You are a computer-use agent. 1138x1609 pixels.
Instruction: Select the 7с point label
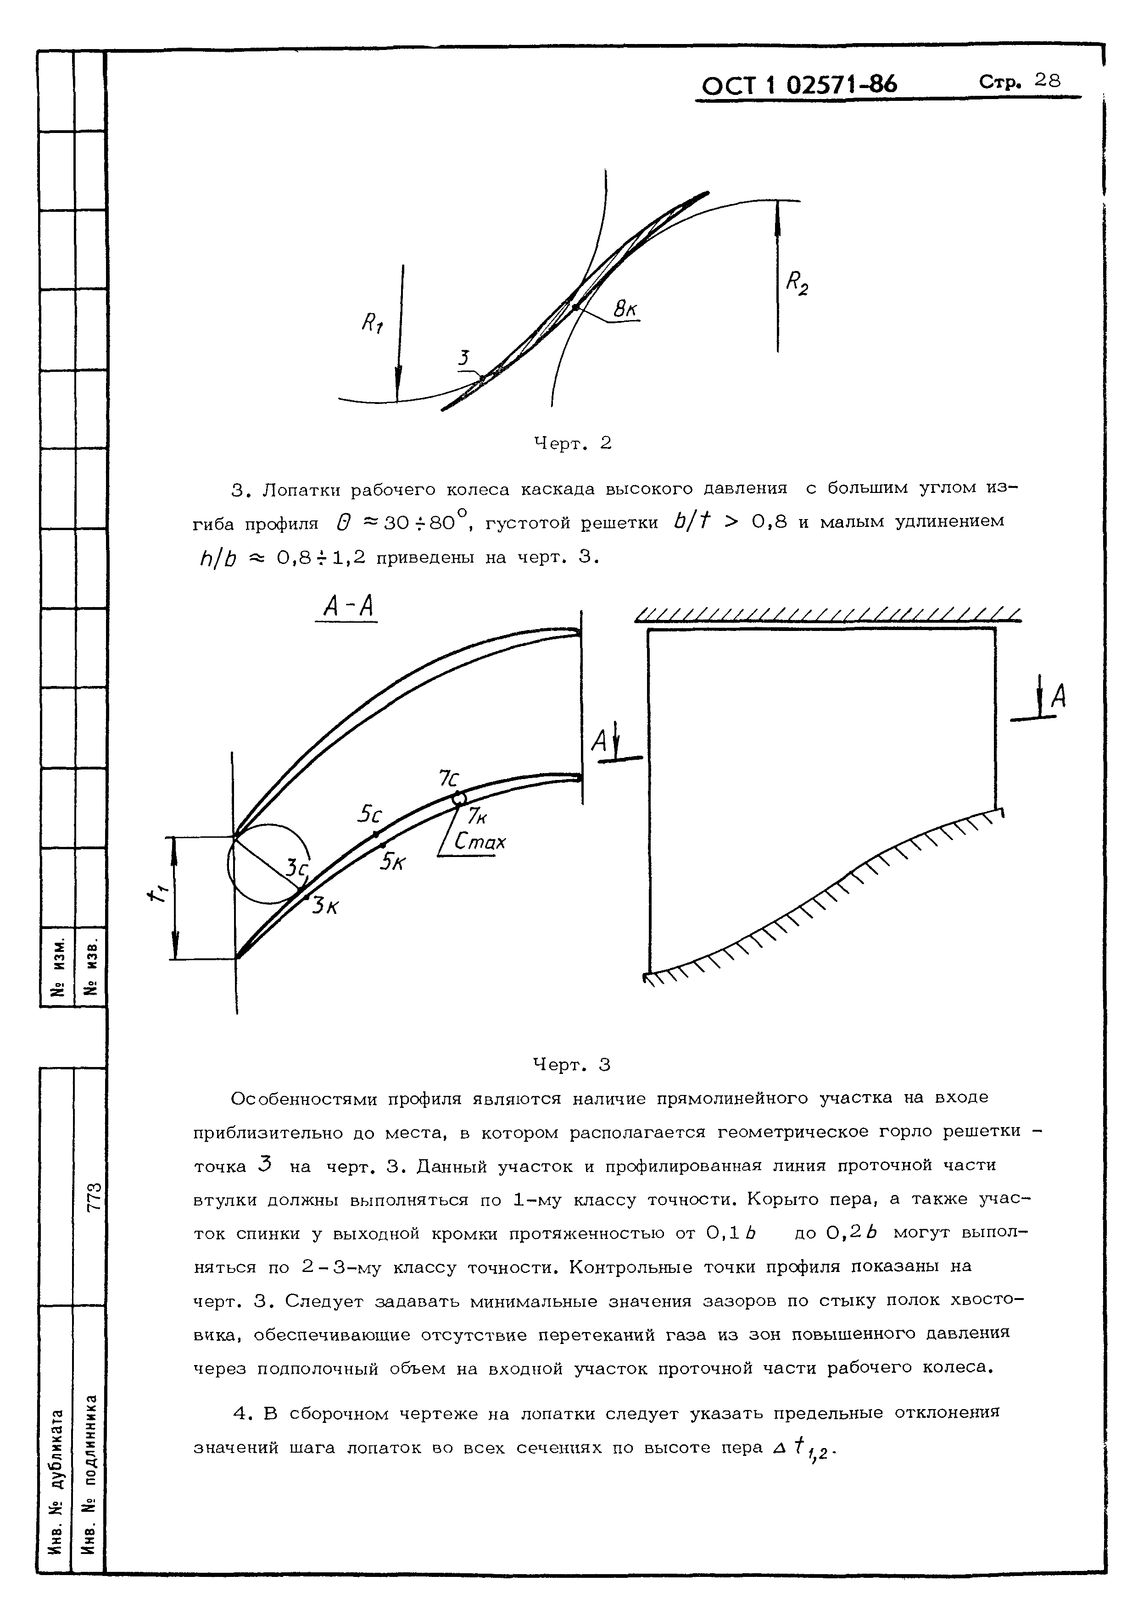click(449, 778)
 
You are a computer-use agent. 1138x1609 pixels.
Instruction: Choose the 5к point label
click(393, 861)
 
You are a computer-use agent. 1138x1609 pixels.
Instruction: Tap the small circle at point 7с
click(458, 797)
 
